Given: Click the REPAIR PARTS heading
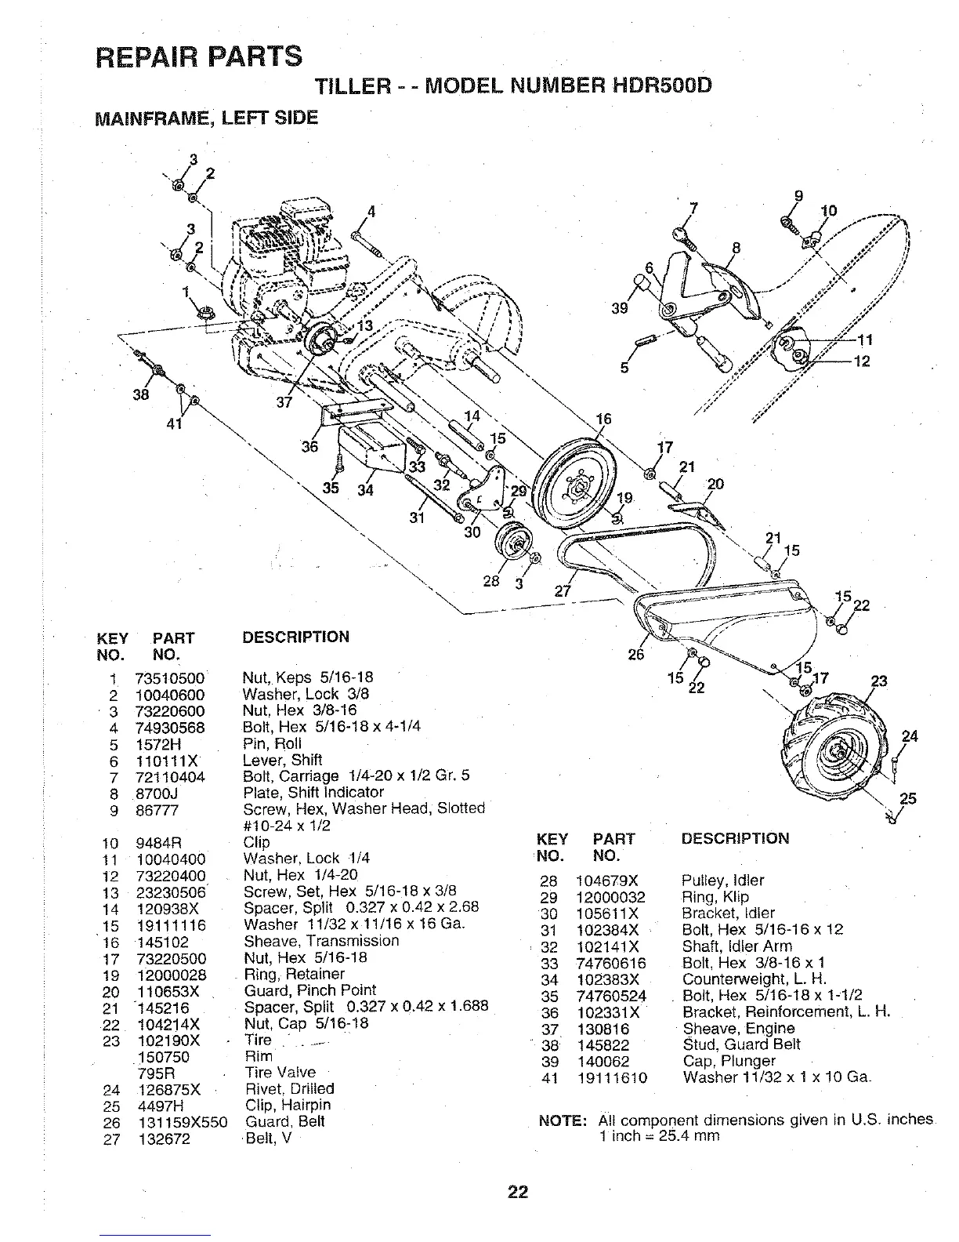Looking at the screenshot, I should (x=197, y=56).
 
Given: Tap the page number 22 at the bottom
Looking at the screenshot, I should (x=517, y=1193).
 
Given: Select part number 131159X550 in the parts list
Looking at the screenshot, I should (x=183, y=1122).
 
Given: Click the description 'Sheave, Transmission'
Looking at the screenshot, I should (x=321, y=941).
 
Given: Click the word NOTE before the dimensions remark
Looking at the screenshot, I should (x=562, y=1120).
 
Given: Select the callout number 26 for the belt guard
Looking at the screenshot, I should (x=636, y=654).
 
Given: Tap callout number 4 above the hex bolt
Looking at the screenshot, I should (x=372, y=211).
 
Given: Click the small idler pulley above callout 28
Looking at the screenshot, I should (x=513, y=544).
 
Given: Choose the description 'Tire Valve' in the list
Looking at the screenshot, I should (x=280, y=1073).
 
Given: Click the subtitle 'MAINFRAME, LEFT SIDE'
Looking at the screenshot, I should (x=206, y=118).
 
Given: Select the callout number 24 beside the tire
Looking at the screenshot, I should (x=909, y=736).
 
